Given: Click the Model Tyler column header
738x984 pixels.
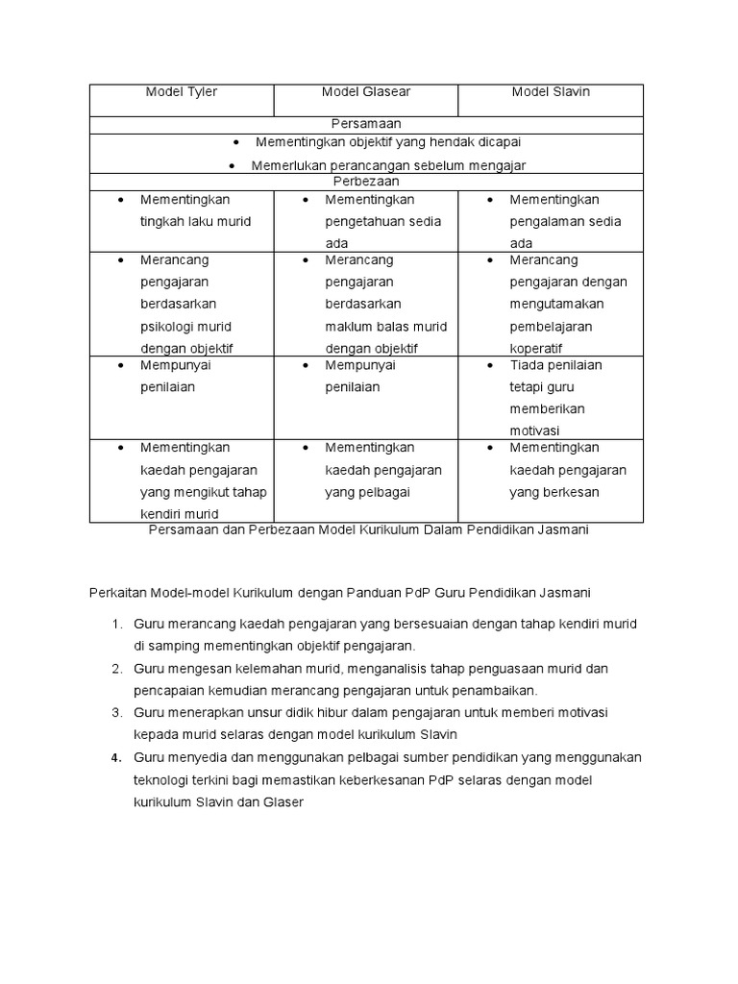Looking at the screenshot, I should (182, 92).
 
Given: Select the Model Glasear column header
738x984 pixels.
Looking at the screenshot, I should (365, 92).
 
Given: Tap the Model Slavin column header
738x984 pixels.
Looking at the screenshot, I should (551, 92).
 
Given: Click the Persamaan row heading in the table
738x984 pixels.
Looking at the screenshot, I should (366, 124).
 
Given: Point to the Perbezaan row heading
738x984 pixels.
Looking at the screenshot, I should (366, 181).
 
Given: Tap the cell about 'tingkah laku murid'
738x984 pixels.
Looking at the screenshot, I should (195, 221).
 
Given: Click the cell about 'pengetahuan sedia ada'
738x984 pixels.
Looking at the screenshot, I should (382, 221).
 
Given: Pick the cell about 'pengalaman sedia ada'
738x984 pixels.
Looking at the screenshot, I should (565, 221).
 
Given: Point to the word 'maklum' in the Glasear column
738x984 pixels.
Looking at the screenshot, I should (346, 326).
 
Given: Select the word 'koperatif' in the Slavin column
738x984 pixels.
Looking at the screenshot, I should (536, 348).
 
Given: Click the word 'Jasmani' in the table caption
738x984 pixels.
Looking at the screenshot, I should (564, 530).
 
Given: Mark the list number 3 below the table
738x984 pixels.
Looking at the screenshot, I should (115, 712).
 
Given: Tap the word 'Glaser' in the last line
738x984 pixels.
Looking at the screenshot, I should (279, 801).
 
